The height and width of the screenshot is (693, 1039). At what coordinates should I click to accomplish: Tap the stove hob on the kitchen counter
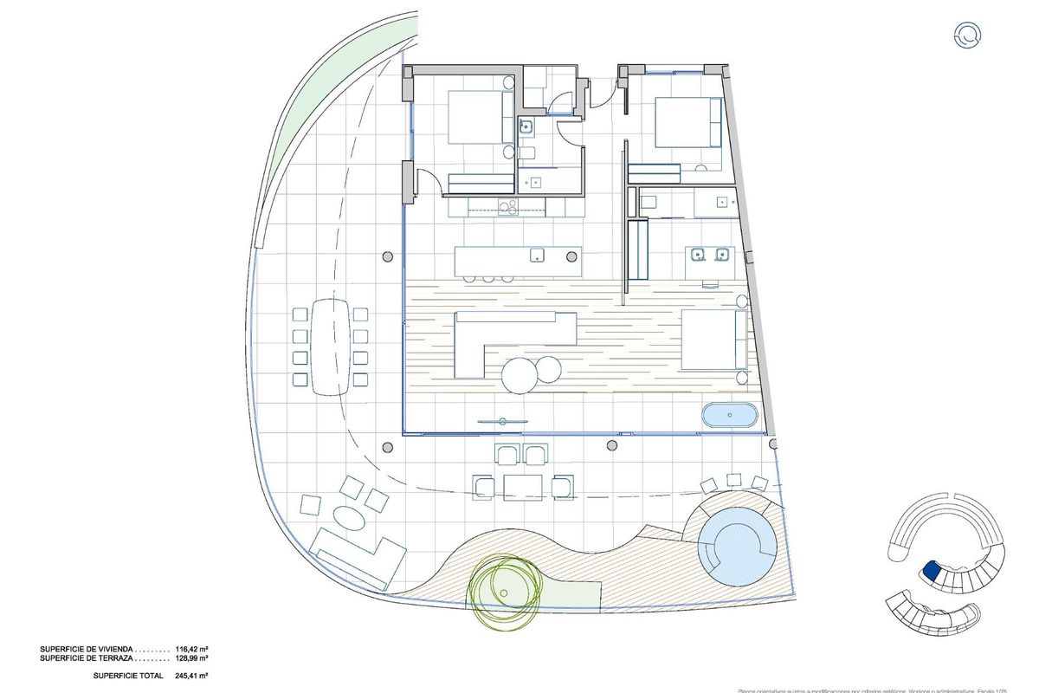[507, 206]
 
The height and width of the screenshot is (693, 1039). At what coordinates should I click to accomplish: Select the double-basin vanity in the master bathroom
[710, 255]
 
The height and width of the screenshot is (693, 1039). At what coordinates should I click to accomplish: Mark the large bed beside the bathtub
[714, 340]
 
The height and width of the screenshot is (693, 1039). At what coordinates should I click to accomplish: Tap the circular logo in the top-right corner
[966, 36]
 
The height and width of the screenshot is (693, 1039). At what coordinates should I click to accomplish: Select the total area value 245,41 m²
[191, 675]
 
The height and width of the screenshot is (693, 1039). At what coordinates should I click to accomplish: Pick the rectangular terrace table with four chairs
[522, 487]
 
